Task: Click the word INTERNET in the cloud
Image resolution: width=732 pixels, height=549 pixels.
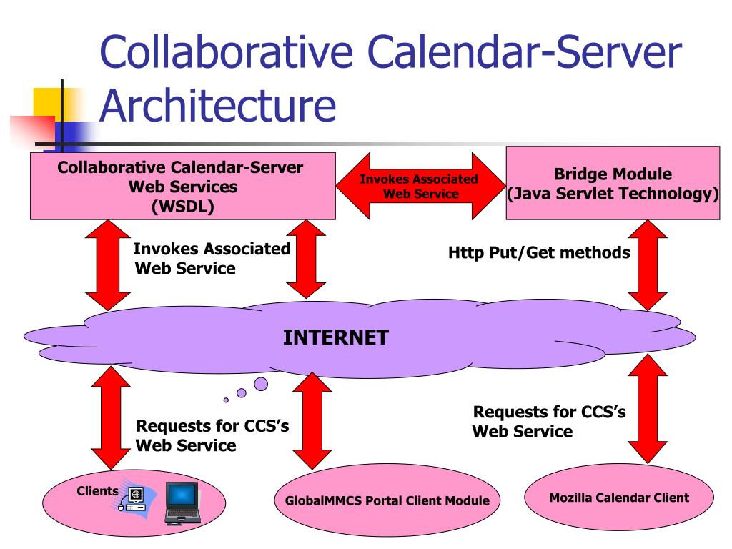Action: pos(336,337)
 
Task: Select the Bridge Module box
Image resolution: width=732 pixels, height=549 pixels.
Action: pos(613,183)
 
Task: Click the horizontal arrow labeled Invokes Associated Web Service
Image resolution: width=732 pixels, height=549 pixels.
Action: pos(419,187)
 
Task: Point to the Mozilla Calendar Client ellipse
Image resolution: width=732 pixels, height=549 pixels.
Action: pos(619,498)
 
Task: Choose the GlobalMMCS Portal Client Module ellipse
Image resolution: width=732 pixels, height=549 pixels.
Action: pos(382,500)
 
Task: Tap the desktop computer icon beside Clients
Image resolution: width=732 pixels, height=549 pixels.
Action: pos(134,498)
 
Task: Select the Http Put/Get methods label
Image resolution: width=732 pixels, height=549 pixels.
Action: pos(539,252)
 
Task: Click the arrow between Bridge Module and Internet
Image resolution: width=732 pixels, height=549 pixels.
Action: pos(647,265)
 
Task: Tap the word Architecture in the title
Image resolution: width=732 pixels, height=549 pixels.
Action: pos(217,106)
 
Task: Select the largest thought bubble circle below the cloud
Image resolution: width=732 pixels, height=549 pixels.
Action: pos(261,384)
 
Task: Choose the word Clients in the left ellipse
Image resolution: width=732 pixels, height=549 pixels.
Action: pos(97,491)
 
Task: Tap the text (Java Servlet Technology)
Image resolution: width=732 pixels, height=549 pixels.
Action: pos(613,193)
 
